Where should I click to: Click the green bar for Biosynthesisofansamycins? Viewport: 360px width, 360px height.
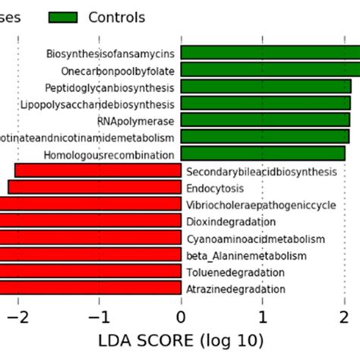tap(270, 53)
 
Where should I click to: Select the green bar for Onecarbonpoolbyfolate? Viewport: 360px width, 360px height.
tap(270, 70)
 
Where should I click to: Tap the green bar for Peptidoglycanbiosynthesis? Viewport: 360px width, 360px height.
tap(266, 87)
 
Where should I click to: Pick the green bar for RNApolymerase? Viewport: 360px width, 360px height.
tap(265, 120)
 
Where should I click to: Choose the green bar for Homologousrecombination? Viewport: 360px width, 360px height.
tap(263, 153)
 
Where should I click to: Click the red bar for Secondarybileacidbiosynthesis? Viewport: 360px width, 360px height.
tap(97, 171)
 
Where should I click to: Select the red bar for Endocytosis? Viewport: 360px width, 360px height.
tap(94, 188)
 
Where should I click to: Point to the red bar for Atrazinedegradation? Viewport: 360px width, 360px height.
tap(90, 288)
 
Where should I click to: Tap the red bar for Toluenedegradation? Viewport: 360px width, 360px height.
tap(90, 271)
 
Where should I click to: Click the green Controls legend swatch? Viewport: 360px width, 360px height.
tap(63, 17)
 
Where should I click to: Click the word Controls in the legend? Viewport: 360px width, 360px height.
tap(116, 17)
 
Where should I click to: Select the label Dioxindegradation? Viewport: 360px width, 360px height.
tap(230, 221)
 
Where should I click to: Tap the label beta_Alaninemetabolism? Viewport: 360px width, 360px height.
tap(246, 255)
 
